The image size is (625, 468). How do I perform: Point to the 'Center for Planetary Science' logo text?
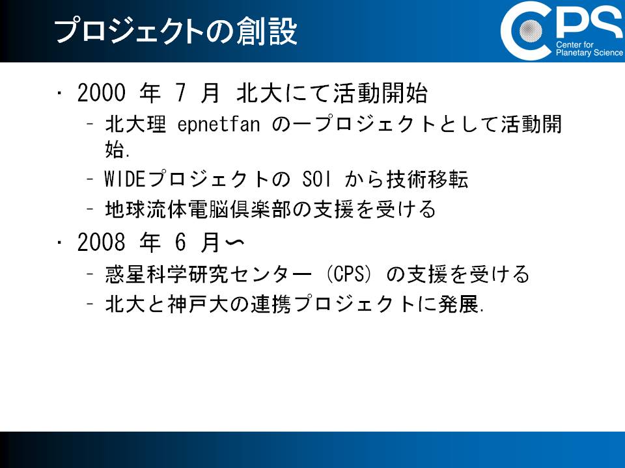coord(589,49)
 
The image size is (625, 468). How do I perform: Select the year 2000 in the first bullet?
coord(102,93)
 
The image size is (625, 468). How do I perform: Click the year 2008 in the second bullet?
coord(102,242)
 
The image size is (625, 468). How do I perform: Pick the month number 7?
coord(180,93)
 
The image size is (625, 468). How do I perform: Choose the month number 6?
coord(180,242)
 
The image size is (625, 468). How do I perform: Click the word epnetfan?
coord(219,124)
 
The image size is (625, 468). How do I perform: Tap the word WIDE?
coord(124,179)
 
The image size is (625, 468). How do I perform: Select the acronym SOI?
coord(316,179)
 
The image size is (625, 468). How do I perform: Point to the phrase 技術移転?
coord(427,179)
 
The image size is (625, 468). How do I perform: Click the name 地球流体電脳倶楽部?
coord(199,209)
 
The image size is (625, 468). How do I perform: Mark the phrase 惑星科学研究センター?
coord(208,274)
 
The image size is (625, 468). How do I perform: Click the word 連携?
coord(271,304)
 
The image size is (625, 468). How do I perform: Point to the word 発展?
coord(458,304)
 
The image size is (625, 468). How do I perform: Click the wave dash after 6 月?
coord(235,242)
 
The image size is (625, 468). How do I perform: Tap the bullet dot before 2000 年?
coord(59,93)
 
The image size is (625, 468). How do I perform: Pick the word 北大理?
coord(135,124)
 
